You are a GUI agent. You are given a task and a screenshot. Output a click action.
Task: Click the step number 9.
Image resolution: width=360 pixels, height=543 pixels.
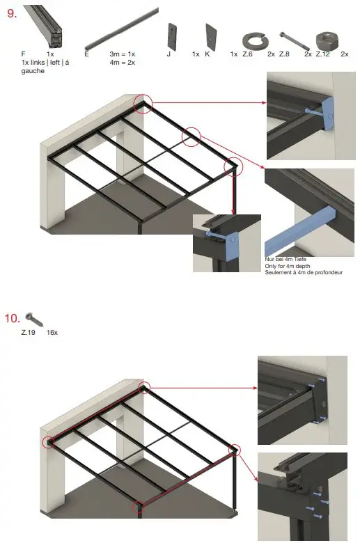click(x=11, y=14)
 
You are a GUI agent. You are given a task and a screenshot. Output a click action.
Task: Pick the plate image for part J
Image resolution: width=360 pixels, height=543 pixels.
click(x=172, y=36)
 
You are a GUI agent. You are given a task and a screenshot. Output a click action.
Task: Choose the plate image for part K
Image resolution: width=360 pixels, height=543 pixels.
click(x=210, y=36)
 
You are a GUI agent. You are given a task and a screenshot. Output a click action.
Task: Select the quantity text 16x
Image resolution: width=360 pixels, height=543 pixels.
click(x=52, y=333)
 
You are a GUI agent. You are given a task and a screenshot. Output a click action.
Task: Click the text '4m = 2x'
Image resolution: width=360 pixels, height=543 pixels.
click(x=123, y=62)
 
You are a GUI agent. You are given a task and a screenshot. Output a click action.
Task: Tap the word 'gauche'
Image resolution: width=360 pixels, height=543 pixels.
click(x=33, y=71)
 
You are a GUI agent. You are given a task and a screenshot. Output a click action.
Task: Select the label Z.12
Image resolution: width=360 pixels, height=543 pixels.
click(x=323, y=54)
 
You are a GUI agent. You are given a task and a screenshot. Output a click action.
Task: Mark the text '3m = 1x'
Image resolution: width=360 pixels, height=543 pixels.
click(x=123, y=54)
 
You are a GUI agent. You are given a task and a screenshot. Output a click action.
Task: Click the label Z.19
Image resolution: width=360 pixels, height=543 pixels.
click(x=29, y=333)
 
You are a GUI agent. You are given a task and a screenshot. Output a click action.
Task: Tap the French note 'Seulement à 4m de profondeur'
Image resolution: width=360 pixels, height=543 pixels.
click(x=304, y=272)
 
